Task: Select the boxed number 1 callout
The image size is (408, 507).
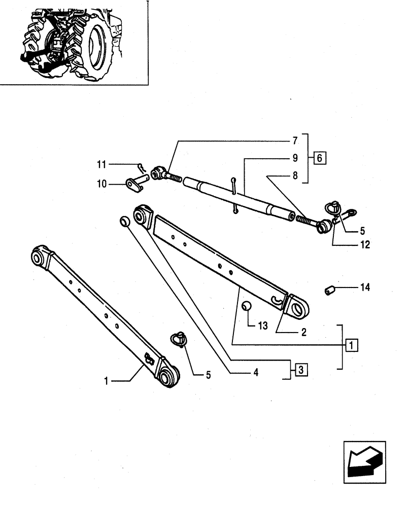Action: click(x=350, y=345)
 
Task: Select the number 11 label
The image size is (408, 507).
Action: click(x=101, y=164)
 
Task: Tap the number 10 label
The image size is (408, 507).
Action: click(x=101, y=184)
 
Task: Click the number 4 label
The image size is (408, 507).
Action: click(x=256, y=372)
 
